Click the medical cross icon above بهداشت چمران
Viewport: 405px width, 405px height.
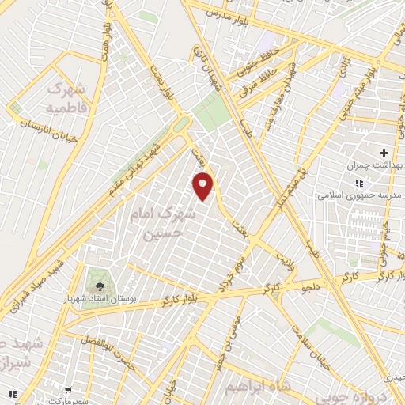pyautogui.click(x=384, y=152)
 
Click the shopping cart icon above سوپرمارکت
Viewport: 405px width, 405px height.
pyautogui.click(x=69, y=390)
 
